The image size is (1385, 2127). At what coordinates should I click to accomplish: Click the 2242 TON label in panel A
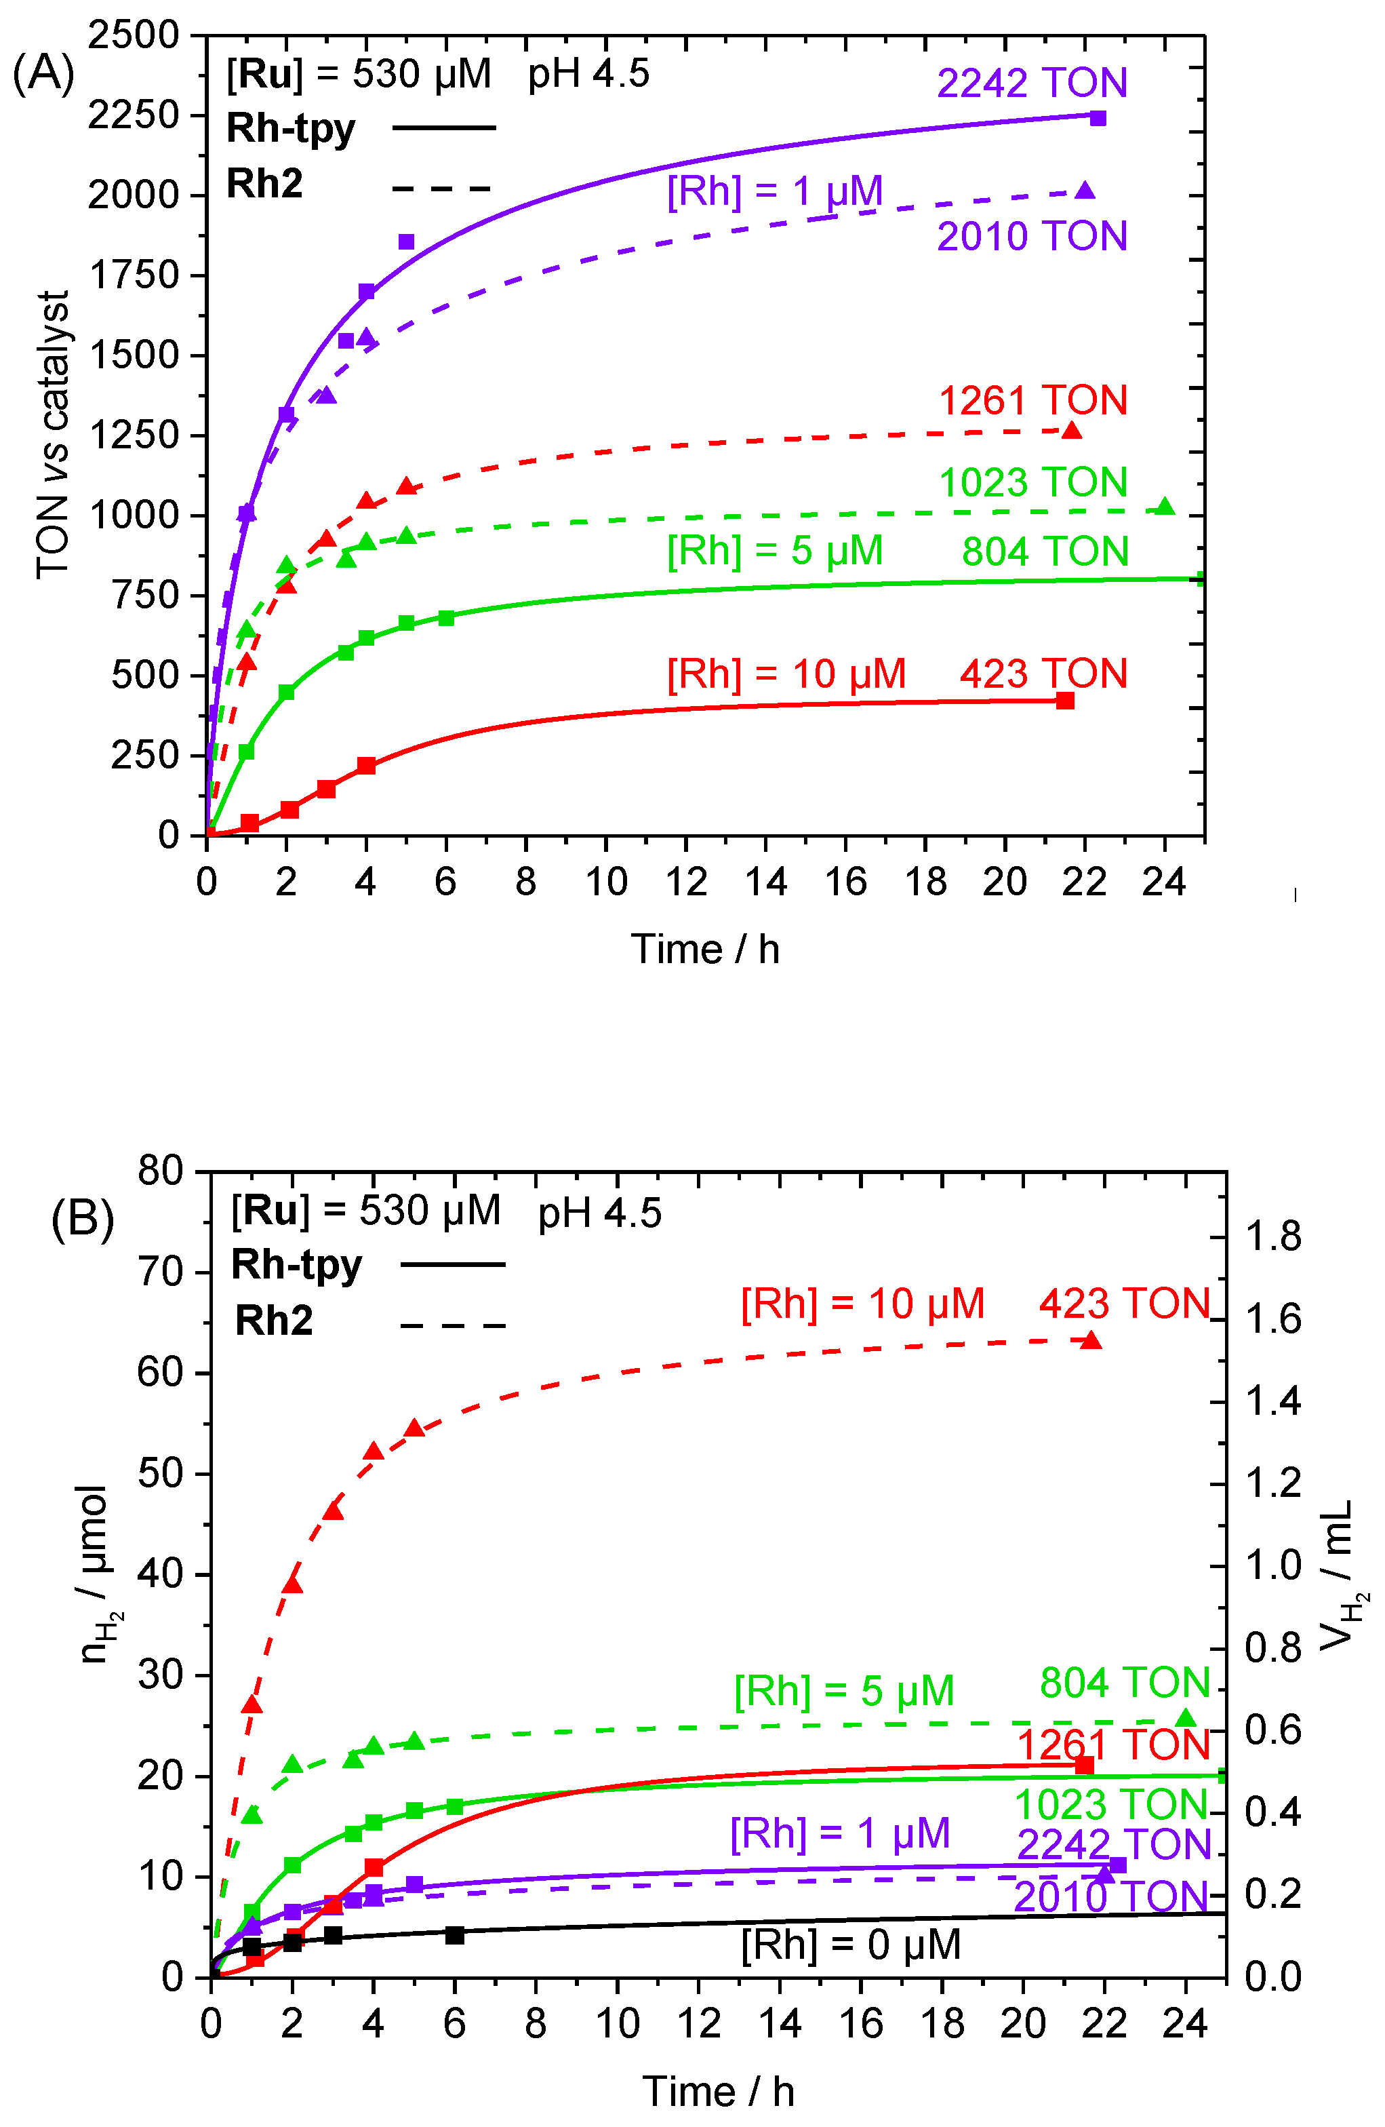[x=1031, y=83]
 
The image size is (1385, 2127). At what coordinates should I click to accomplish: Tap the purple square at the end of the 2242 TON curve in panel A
[x=1098, y=118]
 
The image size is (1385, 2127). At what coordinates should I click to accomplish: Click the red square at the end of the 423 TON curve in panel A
[x=1064, y=701]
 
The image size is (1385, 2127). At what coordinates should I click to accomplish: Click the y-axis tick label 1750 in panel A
[x=135, y=275]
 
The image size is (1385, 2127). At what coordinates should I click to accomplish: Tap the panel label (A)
[x=43, y=73]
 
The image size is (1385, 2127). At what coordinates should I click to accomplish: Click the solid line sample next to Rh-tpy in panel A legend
[x=443, y=128]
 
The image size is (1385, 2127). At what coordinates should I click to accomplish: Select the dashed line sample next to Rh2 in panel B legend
[x=452, y=1326]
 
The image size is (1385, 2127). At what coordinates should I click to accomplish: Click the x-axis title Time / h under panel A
[x=705, y=949]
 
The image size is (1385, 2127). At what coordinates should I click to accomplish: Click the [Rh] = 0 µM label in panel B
[x=851, y=1946]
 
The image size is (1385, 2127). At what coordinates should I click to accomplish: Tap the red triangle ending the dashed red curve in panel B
[x=1090, y=1340]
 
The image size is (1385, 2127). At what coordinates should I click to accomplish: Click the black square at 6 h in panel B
[x=455, y=1935]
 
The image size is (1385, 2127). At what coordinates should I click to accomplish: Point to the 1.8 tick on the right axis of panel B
[x=1273, y=1238]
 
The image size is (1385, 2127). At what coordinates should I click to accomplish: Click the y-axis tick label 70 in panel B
[x=160, y=1272]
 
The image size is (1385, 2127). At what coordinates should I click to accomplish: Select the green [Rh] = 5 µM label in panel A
[x=775, y=551]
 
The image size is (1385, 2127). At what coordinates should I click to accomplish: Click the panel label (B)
[x=82, y=1219]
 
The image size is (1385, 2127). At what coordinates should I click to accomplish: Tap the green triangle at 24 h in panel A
[x=1164, y=507]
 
